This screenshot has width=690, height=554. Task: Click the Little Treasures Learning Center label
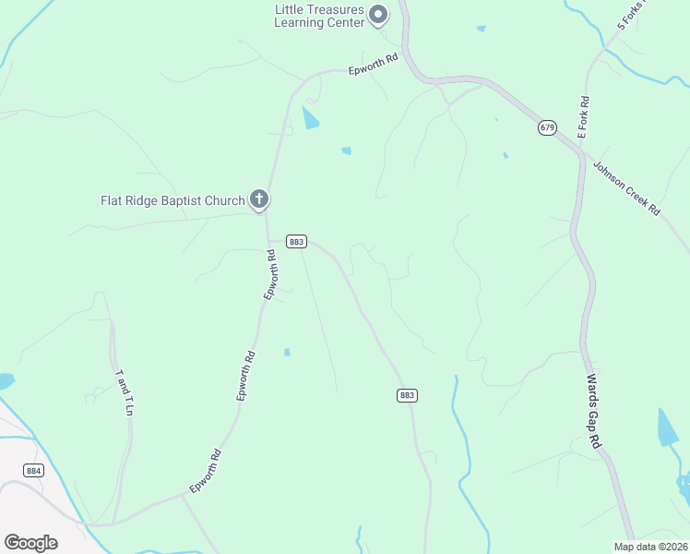click(x=319, y=16)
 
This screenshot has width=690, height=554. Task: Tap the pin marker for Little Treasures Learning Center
click(x=377, y=14)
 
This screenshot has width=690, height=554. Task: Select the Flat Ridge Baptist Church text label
click(x=172, y=200)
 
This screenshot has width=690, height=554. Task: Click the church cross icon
click(x=259, y=199)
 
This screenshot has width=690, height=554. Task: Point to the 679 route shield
click(x=548, y=127)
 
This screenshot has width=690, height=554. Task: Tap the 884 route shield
click(x=34, y=470)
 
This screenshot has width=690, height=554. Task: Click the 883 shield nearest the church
click(x=296, y=242)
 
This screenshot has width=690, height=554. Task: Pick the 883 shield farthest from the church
click(x=408, y=395)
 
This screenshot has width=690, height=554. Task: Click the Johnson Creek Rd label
click(x=627, y=189)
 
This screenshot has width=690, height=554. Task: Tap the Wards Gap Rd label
click(x=595, y=411)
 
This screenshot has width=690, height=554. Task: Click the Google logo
click(x=30, y=543)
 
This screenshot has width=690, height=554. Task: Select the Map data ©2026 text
click(x=650, y=547)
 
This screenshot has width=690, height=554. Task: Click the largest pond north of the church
click(x=312, y=117)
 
